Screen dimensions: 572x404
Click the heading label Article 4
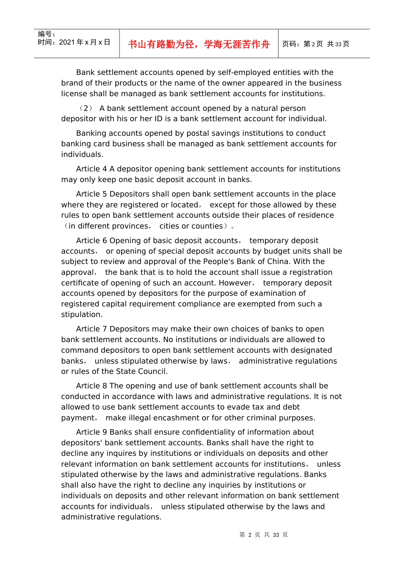click(91, 169)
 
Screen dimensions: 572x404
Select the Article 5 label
click(91, 194)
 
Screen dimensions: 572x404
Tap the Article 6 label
click(91, 241)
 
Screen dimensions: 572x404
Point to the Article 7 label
click(91, 329)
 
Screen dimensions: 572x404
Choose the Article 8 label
click(91, 386)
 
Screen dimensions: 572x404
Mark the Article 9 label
click(91, 432)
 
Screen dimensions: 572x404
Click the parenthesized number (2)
click(86, 109)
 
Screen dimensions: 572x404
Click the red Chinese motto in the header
click(199, 44)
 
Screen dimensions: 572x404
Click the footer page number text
click(264, 535)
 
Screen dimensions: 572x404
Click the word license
click(75, 94)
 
